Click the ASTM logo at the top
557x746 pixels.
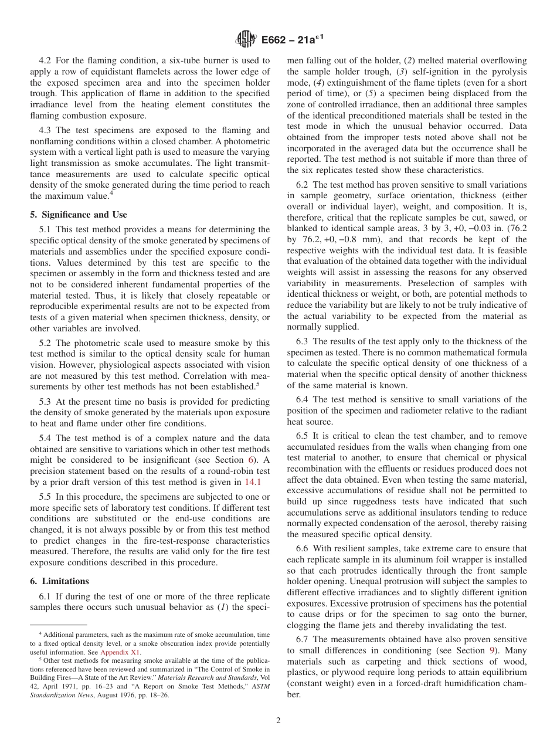(x=246, y=39)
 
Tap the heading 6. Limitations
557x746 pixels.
(x=59, y=581)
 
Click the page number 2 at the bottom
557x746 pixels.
(x=278, y=721)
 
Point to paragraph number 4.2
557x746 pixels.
(x=46, y=60)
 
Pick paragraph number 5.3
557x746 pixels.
(x=46, y=402)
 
